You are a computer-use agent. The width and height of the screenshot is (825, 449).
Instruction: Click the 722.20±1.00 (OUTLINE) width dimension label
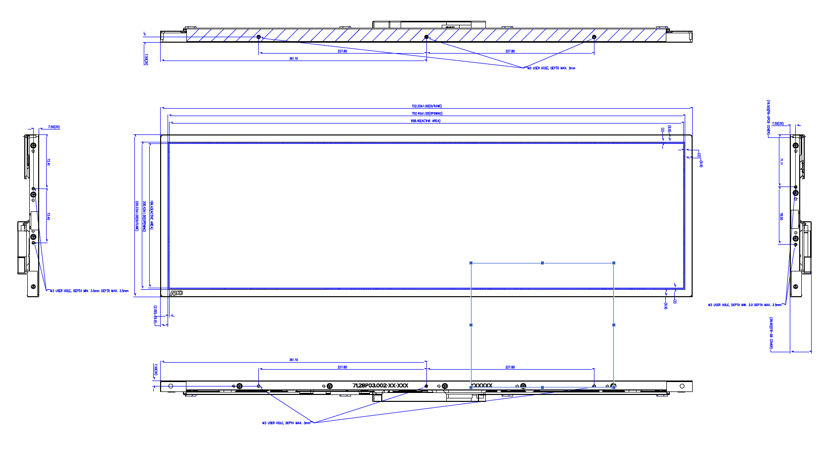pyautogui.click(x=426, y=106)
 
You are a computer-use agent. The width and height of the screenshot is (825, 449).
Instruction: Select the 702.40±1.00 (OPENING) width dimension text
pyautogui.click(x=426, y=114)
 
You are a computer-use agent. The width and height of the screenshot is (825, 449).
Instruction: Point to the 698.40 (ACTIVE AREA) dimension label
pyautogui.click(x=425, y=121)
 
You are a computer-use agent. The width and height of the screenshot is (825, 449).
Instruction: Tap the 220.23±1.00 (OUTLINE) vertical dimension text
pyautogui.click(x=137, y=215)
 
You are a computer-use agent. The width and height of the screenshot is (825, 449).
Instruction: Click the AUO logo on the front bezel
pyautogui.click(x=176, y=293)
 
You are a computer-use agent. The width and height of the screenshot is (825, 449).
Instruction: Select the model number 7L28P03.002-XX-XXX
pyautogui.click(x=380, y=385)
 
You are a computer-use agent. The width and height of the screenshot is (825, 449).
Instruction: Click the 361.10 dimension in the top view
pyautogui.click(x=294, y=59)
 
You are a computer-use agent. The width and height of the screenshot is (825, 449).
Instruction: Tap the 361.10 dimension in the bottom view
pyautogui.click(x=294, y=360)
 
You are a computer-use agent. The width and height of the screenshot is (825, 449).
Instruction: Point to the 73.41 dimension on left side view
pyautogui.click(x=49, y=162)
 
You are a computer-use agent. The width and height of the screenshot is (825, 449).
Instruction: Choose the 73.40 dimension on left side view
pyautogui.click(x=49, y=216)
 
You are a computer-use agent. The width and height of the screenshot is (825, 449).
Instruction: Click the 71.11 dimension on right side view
pyautogui.click(x=781, y=161)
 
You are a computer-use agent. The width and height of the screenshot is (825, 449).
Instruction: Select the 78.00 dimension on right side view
pyautogui.click(x=781, y=216)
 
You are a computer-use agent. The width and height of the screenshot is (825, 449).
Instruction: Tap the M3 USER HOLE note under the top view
pyautogui.click(x=551, y=68)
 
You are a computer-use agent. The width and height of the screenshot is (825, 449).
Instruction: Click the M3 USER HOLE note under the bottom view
pyautogui.click(x=286, y=423)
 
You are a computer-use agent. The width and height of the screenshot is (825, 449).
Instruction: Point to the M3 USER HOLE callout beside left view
pyautogui.click(x=89, y=291)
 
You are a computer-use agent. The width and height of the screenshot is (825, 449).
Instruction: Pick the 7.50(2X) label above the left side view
pyautogui.click(x=54, y=127)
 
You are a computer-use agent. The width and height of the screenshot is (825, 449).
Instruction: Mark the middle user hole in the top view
pyautogui.click(x=426, y=37)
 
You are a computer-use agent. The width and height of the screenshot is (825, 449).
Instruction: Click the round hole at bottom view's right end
pyautogui.click(x=682, y=386)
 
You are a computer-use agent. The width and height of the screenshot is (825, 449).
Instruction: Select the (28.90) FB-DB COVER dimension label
pyautogui.click(x=771, y=333)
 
